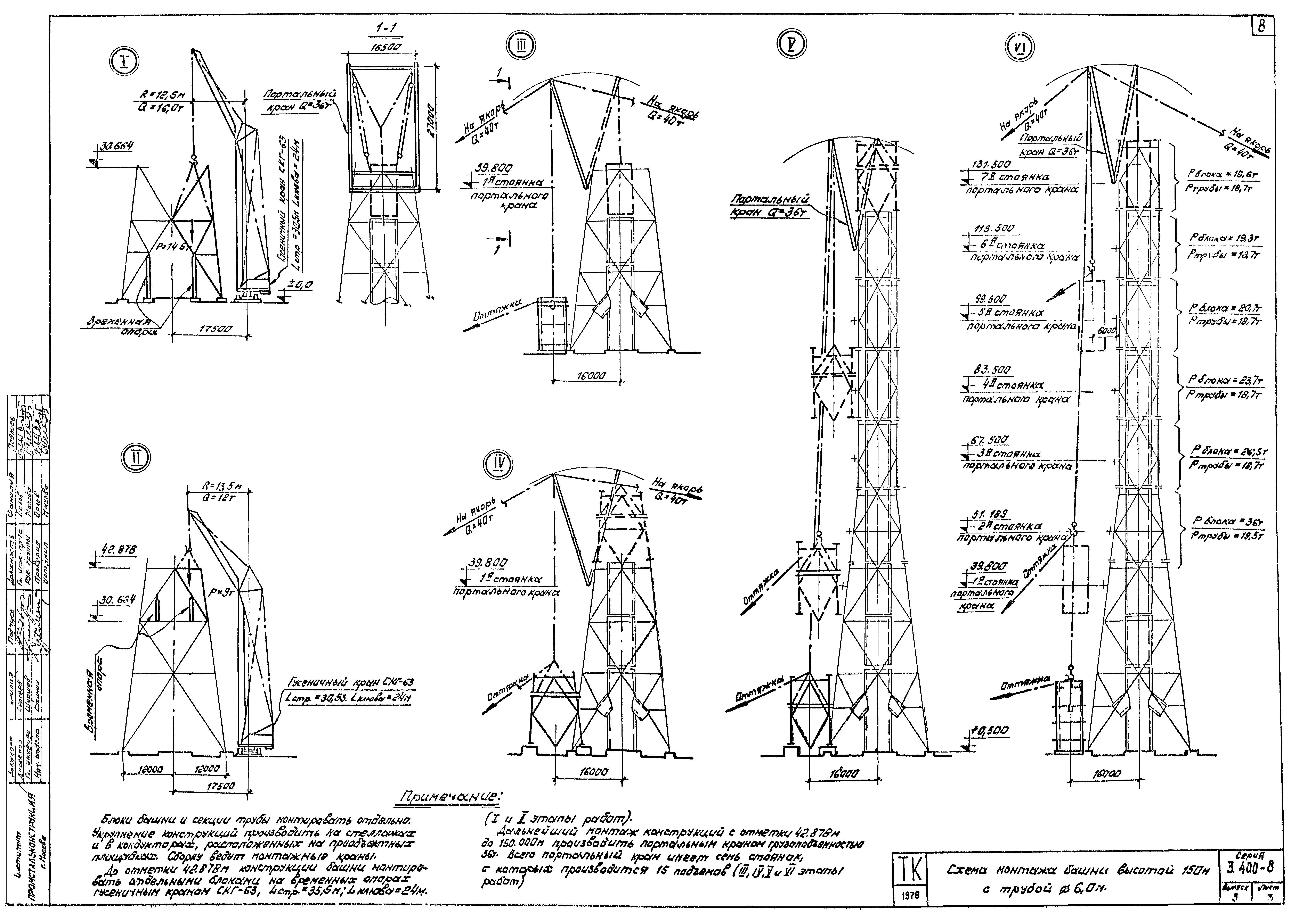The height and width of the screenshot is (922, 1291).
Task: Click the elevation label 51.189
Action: click(987, 514)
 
